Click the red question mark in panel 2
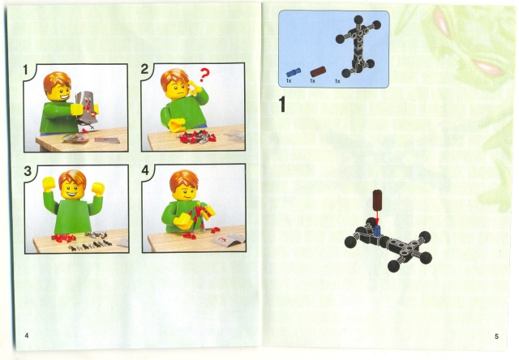coord(204,76)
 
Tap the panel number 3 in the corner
coord(28,171)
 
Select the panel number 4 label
coord(146,171)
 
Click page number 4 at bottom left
coord(27,335)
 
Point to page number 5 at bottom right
coord(495,336)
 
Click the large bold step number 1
coord(282,104)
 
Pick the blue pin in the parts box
coord(292,71)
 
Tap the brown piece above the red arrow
coord(377,201)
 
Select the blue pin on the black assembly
coord(377,230)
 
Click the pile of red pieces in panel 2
coord(195,136)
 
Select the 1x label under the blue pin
coord(289,82)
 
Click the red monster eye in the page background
coord(488,63)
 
